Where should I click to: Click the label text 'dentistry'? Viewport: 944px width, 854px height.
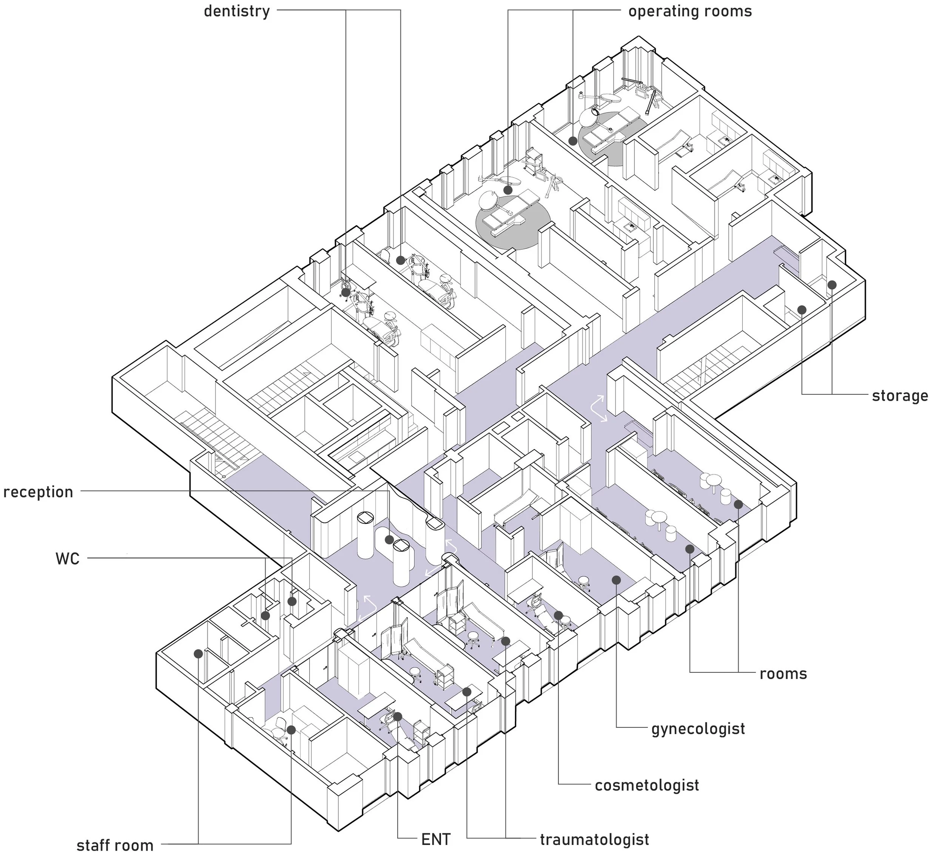point(236,11)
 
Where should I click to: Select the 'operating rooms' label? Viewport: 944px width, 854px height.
point(690,11)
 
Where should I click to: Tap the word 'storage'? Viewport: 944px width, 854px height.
point(899,396)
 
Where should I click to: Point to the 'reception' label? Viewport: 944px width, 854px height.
point(39,492)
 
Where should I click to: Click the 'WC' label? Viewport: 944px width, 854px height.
point(68,558)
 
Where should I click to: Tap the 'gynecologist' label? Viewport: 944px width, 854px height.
point(698,729)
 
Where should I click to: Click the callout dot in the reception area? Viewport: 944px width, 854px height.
point(389,539)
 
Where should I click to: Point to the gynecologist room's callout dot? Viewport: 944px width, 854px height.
point(616,580)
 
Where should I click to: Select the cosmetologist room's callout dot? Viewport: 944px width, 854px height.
point(558,615)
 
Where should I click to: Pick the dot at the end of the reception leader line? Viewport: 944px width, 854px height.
point(389,539)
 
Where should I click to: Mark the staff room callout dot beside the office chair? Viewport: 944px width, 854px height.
point(291,729)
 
